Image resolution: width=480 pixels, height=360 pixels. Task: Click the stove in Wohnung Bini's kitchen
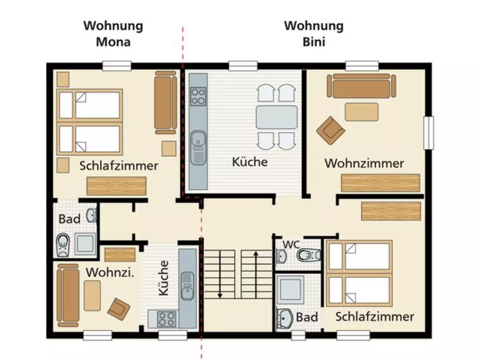coord(198,96)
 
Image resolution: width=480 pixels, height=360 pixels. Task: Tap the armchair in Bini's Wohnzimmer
coord(330,130)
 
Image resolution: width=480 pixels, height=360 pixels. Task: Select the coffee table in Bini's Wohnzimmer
coord(362,112)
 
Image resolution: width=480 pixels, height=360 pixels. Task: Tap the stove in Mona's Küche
coord(166,319)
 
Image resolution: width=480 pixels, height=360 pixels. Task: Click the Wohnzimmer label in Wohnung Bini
coord(364,164)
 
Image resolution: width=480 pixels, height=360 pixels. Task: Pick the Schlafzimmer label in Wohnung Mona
coord(119,166)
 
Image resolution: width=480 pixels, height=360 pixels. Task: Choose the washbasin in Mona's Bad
coord(92,215)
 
